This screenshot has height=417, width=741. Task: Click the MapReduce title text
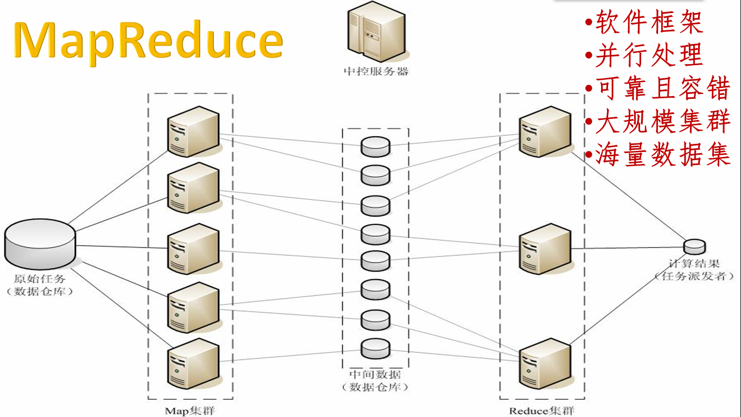pyautogui.click(x=148, y=41)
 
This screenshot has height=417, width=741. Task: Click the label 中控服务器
pyautogui.click(x=376, y=72)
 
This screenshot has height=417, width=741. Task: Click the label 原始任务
pyautogui.click(x=40, y=279)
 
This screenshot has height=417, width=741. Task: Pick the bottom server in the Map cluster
pyautogui.click(x=193, y=363)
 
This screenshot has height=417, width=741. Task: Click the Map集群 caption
pyautogui.click(x=189, y=410)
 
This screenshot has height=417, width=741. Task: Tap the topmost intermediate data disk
pyautogui.click(x=375, y=147)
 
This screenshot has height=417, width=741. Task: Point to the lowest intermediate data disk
pyautogui.click(x=375, y=348)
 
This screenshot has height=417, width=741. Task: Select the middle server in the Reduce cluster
pyautogui.click(x=545, y=248)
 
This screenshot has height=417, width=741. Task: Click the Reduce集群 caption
pyautogui.click(x=541, y=410)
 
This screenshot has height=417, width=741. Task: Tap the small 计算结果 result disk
pyautogui.click(x=694, y=247)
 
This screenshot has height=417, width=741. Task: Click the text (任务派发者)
pyautogui.click(x=694, y=276)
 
